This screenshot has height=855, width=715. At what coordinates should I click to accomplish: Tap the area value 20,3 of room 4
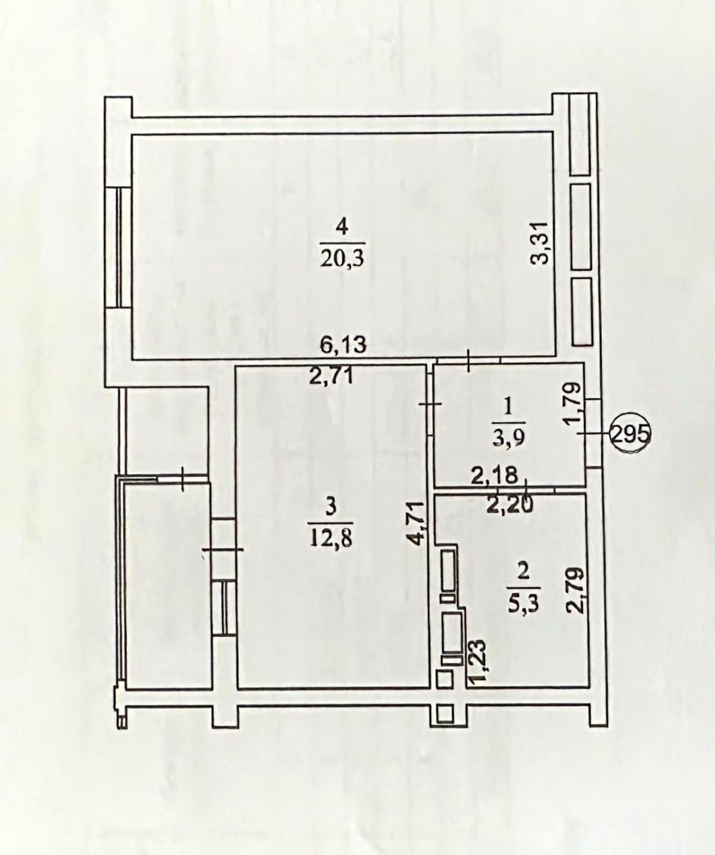point(343,257)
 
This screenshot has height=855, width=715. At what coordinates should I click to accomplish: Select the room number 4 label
point(343,227)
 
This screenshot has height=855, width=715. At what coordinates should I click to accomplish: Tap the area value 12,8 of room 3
point(329,536)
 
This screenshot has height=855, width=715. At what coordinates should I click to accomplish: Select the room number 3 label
point(329,507)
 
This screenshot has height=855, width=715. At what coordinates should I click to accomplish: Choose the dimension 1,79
point(573,404)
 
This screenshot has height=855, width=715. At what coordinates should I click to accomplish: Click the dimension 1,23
point(477,661)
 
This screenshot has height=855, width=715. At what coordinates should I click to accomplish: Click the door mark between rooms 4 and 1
point(469,360)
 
